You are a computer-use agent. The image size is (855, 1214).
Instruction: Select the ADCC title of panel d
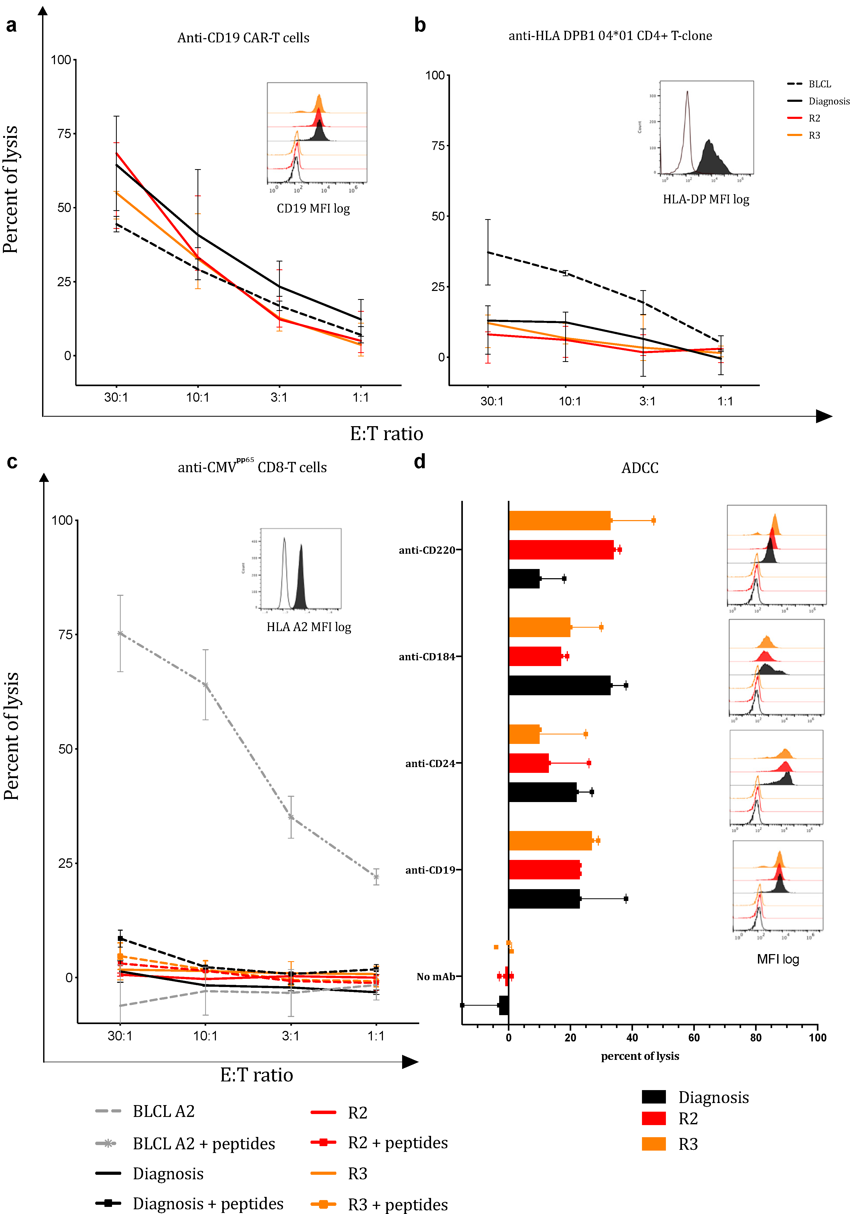click(640, 468)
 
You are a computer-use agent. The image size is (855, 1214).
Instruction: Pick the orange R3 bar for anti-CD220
click(559, 521)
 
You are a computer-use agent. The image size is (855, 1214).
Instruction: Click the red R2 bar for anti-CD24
click(529, 763)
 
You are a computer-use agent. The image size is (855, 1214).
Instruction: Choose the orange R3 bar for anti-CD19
click(550, 841)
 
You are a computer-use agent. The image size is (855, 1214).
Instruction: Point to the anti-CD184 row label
click(427, 657)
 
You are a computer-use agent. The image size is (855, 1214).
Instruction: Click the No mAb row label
click(436, 977)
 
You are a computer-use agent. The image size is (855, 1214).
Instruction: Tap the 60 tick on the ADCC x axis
click(694, 1037)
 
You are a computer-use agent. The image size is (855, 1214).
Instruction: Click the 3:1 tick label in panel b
click(647, 401)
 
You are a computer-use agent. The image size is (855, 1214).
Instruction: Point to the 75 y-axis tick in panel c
click(65, 634)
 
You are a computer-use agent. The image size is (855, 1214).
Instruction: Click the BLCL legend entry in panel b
click(819, 84)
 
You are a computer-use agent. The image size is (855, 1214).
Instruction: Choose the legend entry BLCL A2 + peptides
click(204, 1144)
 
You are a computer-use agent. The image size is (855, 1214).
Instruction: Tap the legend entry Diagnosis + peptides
click(208, 1203)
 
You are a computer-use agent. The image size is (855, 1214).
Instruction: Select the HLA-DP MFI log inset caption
click(706, 199)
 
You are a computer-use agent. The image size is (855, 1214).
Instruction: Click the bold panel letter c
click(12, 462)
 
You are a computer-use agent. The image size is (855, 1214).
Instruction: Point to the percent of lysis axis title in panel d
click(640, 1056)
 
